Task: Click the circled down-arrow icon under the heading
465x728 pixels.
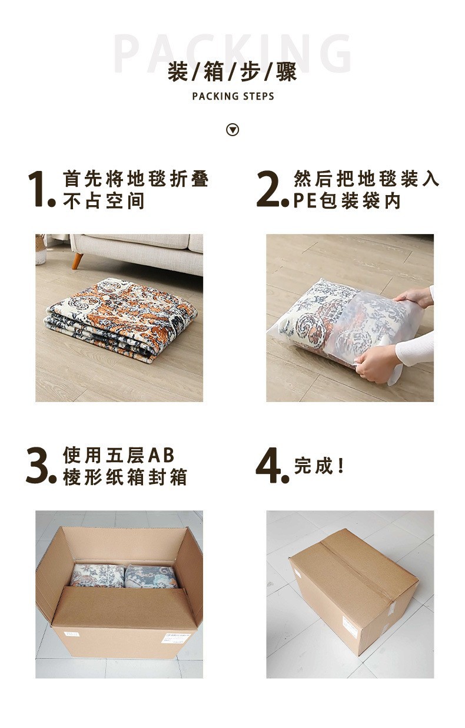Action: click(x=232, y=130)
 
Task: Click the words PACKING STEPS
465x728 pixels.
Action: click(x=233, y=96)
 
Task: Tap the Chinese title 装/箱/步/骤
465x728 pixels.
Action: click(x=232, y=71)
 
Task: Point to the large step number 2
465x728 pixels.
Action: click(x=272, y=189)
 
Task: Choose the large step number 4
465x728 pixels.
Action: click(x=272, y=466)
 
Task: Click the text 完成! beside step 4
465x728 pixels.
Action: click(x=318, y=466)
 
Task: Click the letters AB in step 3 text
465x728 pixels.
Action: click(x=161, y=455)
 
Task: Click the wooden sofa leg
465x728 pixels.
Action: click(x=77, y=261)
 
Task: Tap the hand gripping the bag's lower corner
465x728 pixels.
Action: click(x=377, y=363)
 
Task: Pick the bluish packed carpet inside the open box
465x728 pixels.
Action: click(x=151, y=576)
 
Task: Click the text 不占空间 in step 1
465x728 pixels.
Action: click(x=104, y=200)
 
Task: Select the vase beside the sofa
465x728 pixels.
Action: click(x=41, y=249)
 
